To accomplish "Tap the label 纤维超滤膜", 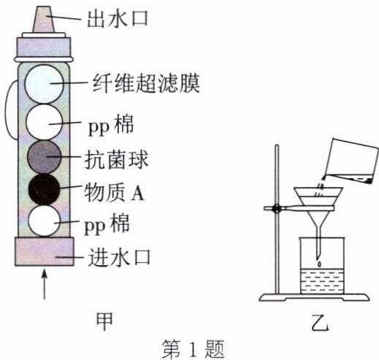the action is (146, 83).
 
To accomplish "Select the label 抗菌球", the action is (116, 160).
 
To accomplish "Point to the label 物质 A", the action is (114, 192).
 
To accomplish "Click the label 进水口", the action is (119, 258).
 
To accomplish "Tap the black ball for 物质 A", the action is (44, 189).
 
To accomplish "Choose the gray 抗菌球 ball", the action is (44, 157).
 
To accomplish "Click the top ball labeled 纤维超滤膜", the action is (44, 84).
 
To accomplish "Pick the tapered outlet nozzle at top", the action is (44, 20).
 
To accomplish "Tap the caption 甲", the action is (105, 321).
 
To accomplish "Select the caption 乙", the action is (320, 322).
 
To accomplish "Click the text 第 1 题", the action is (193, 348).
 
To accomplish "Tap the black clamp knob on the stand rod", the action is (277, 209).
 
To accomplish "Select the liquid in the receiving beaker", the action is (322, 281).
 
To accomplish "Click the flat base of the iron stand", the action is (314, 297).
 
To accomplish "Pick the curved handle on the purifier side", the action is (11, 110).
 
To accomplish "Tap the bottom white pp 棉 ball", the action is (44, 221).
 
